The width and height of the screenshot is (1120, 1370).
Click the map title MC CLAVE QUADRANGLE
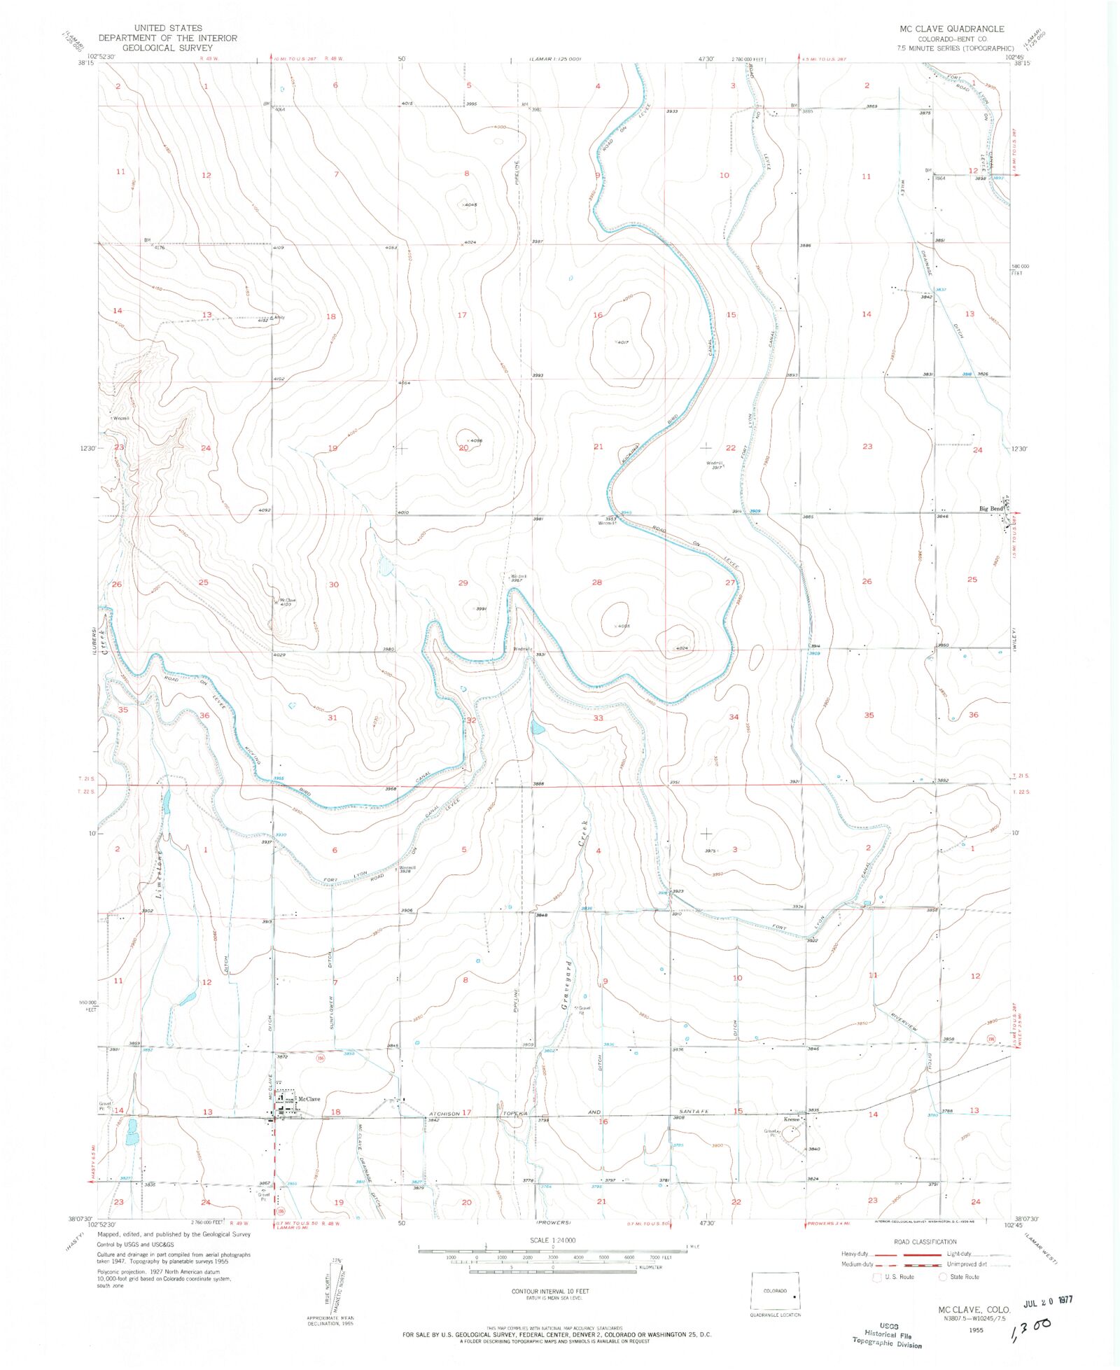pos(951,29)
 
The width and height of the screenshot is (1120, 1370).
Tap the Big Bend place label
pos(990,509)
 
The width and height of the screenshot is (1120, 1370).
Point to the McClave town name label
pos(309,1099)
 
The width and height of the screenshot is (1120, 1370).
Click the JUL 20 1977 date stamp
pos(1048,1301)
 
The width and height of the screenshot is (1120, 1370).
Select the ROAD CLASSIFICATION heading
pos(925,1242)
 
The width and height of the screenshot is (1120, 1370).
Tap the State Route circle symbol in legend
pos(943,1277)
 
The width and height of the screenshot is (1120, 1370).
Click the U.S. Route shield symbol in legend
pos(878,1277)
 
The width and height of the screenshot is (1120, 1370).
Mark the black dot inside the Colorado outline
pos(794,1296)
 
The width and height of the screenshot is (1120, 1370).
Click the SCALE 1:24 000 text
pos(552,1240)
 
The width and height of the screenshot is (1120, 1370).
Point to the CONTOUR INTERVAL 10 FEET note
pos(550,1291)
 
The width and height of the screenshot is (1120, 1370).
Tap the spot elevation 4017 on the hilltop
pos(624,342)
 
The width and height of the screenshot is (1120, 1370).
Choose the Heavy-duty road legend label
pos(855,1254)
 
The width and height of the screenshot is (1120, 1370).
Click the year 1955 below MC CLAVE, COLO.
pos(976,1329)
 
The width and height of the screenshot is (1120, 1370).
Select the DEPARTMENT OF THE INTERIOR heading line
pos(167,39)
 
